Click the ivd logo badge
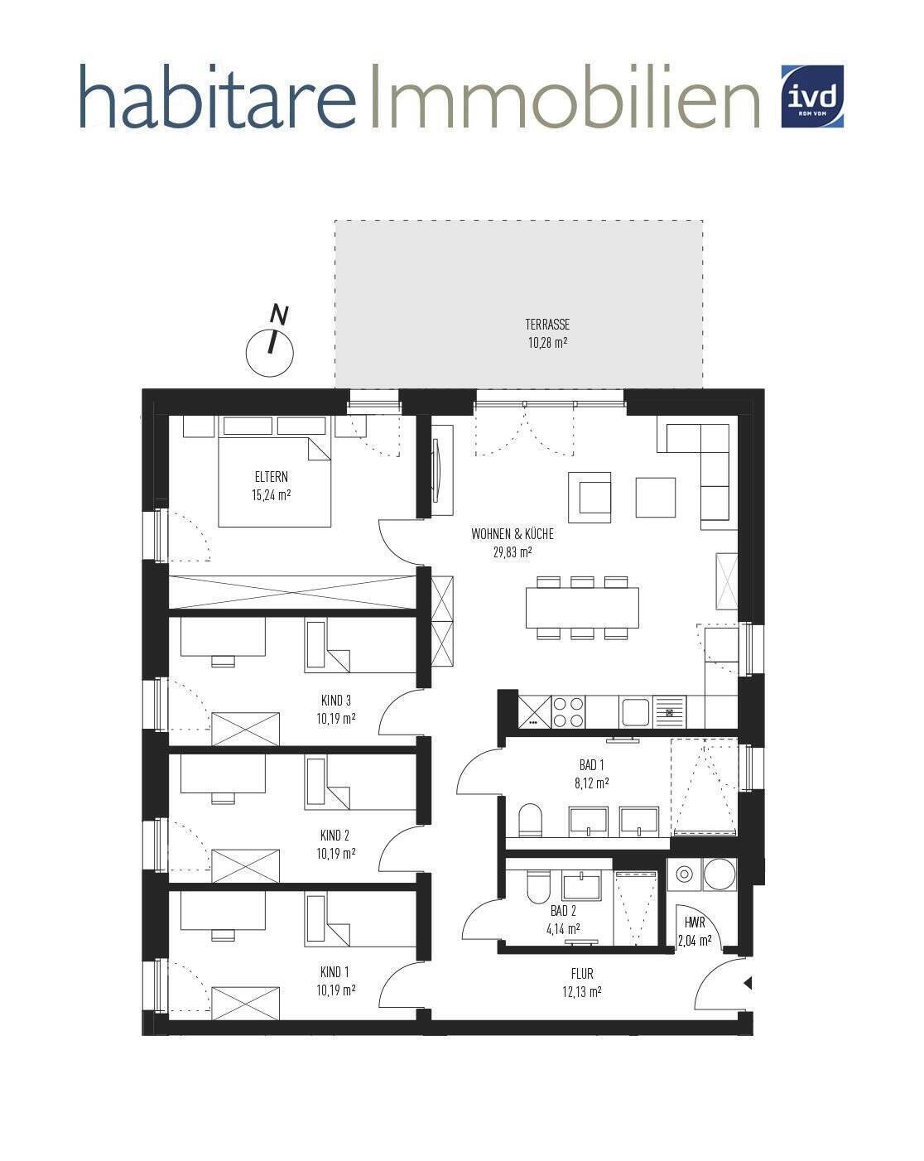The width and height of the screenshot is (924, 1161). (812, 96)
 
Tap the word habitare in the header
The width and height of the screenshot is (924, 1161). (218, 96)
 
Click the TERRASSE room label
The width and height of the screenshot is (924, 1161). (547, 325)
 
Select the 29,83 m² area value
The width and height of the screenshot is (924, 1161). (512, 552)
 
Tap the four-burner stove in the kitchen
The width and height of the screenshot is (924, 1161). (569, 711)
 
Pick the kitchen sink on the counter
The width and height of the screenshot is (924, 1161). (636, 711)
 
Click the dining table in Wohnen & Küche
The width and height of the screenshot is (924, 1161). (582, 608)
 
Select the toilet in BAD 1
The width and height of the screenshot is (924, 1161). (530, 820)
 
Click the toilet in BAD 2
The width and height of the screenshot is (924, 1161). (537, 887)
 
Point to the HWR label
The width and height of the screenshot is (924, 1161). (695, 923)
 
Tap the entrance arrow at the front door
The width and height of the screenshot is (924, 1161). (747, 983)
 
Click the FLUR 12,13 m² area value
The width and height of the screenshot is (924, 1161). (582, 991)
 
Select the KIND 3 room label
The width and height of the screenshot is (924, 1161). (335, 701)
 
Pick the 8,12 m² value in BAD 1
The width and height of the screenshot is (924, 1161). (592, 783)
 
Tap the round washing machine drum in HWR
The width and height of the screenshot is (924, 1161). (719, 874)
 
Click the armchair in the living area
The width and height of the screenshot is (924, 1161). (590, 497)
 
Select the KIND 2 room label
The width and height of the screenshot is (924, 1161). (334, 836)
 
